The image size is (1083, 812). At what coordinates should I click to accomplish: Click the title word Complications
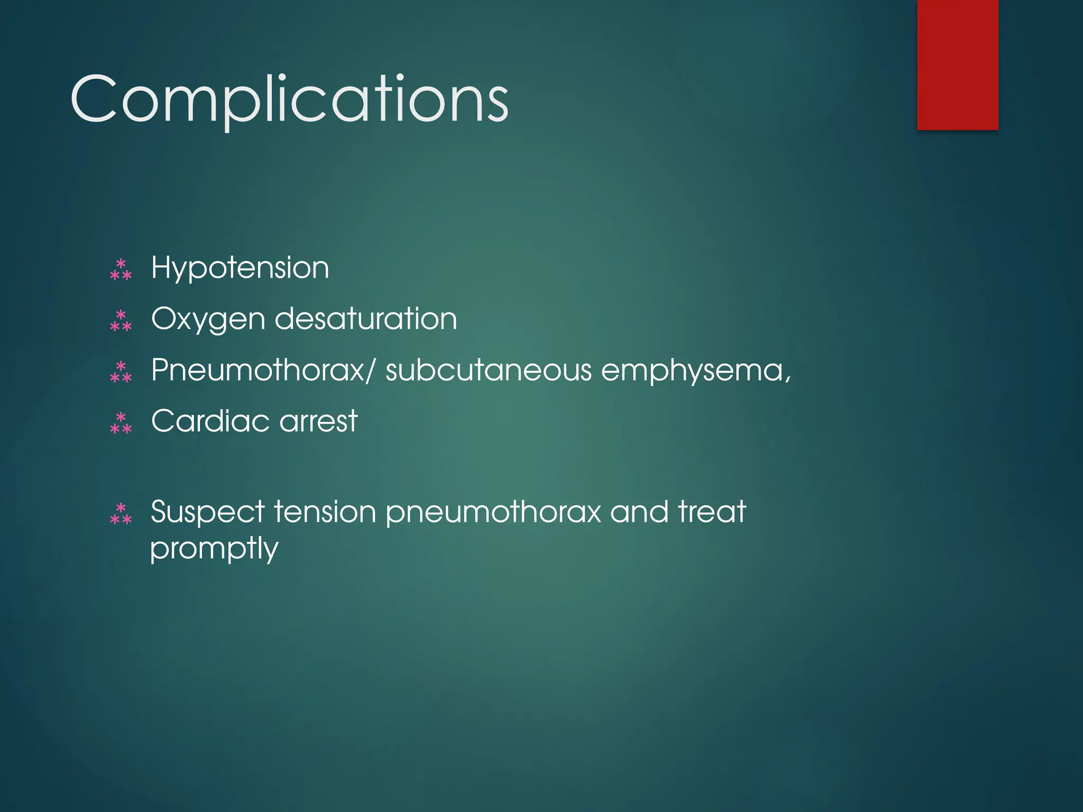289,99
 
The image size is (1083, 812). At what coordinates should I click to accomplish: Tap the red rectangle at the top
958,64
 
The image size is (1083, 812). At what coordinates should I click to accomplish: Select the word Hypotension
240,268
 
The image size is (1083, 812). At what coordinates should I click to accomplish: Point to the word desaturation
365,319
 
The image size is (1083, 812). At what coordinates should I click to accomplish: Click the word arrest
318,422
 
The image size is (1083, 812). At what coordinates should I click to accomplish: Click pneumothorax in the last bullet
493,513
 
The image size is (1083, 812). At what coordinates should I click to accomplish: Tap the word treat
712,512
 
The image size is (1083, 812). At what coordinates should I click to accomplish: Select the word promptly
214,549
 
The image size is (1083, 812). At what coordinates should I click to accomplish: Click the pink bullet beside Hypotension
121,269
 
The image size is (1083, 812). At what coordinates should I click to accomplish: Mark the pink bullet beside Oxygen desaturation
121,320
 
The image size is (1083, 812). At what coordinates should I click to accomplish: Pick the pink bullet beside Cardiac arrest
121,423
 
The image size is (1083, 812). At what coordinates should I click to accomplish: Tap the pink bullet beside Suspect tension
121,513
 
